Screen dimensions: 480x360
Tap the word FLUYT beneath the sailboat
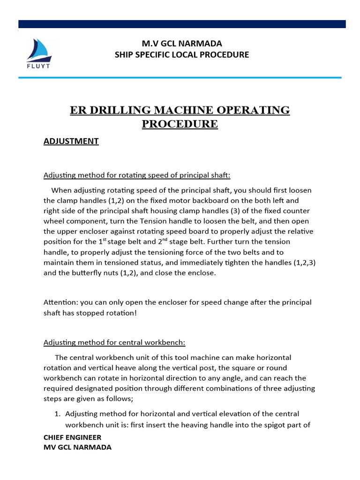[x=39, y=66]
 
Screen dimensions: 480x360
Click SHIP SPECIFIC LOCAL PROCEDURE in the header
[x=182, y=55]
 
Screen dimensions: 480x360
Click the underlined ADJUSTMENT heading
[x=71, y=141]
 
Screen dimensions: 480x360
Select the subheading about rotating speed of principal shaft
[x=137, y=175]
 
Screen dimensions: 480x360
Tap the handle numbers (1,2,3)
[x=304, y=262]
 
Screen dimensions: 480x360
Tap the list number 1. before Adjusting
[x=58, y=414]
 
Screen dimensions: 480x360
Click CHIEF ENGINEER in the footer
[x=72, y=437]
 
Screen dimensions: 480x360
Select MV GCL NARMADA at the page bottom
[x=77, y=447]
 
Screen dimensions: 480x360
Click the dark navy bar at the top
[x=182, y=24]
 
